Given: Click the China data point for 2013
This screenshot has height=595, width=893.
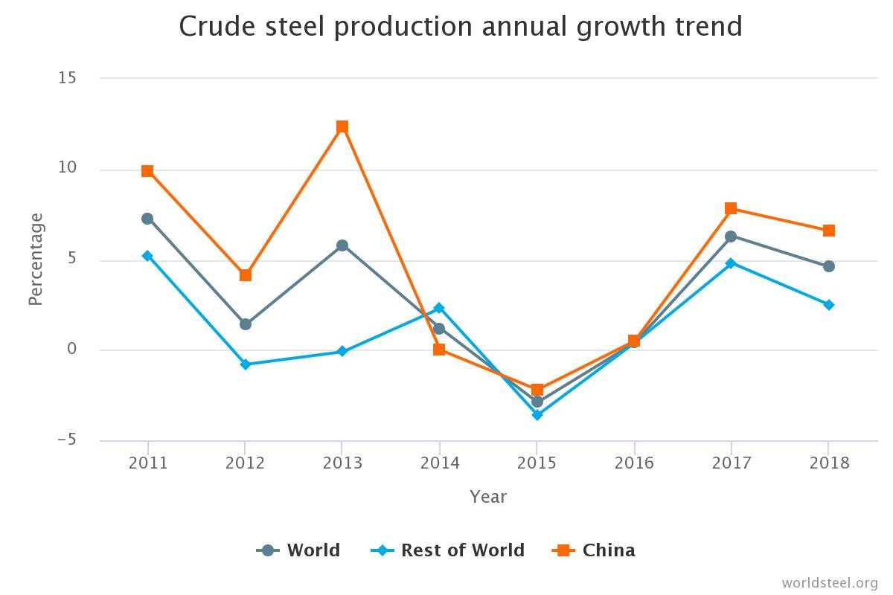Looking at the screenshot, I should (342, 127).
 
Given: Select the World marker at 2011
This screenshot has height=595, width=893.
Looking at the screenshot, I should (147, 219).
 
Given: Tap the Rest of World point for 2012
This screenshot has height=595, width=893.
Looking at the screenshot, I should (245, 364).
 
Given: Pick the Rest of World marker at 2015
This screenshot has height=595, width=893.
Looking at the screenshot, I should (537, 415).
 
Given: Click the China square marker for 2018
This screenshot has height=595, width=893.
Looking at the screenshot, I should (828, 231).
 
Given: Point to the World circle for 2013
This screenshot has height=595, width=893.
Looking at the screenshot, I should (342, 245).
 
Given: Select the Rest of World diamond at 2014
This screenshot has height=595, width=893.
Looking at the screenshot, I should (439, 308).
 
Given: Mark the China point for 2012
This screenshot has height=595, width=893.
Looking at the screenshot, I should (245, 275).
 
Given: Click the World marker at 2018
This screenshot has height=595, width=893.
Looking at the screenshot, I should (828, 266).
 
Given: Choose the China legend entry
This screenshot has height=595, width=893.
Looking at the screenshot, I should (594, 550).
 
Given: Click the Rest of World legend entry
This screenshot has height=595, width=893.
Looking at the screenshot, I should (448, 550).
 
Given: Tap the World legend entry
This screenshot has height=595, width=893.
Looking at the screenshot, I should (298, 550).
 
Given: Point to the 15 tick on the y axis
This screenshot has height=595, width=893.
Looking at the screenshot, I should (68, 77).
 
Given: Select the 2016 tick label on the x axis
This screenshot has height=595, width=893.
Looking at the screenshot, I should (634, 463).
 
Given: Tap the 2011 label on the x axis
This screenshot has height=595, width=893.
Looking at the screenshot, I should (147, 463).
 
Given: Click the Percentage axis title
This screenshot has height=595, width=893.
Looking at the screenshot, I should (36, 259).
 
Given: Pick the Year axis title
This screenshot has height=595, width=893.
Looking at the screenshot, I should (488, 497).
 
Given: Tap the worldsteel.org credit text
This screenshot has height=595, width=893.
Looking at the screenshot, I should (830, 582).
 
